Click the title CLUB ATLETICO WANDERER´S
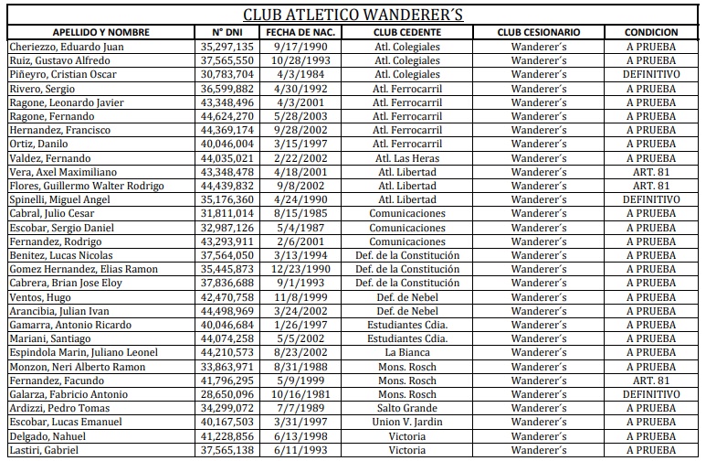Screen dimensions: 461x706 (x=352, y=15)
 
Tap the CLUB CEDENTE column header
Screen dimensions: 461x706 (x=406, y=32)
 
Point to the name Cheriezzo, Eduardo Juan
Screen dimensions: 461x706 (x=68, y=47)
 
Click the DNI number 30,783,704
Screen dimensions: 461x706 (x=227, y=74)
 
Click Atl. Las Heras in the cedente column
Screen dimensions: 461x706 (x=407, y=157)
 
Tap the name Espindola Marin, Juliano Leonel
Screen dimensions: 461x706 (x=84, y=352)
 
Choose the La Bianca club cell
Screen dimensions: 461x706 (x=407, y=352)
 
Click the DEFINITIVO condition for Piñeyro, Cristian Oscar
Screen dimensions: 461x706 (x=650, y=74)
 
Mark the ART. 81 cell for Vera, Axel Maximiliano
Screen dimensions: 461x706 (x=650, y=172)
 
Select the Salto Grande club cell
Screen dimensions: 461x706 (x=407, y=408)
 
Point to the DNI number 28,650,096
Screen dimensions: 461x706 (x=227, y=394)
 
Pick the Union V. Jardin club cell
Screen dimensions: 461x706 (x=407, y=422)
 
